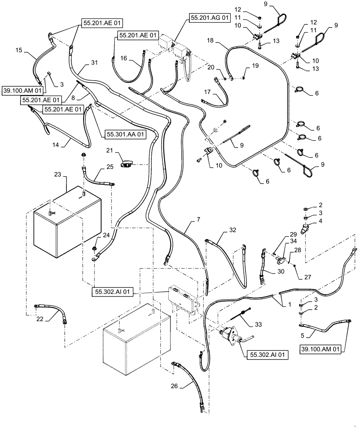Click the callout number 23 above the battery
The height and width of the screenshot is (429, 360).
(x=57, y=175)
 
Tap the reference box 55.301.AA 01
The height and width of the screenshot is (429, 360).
(x=124, y=134)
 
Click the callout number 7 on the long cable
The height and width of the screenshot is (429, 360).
(x=198, y=220)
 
